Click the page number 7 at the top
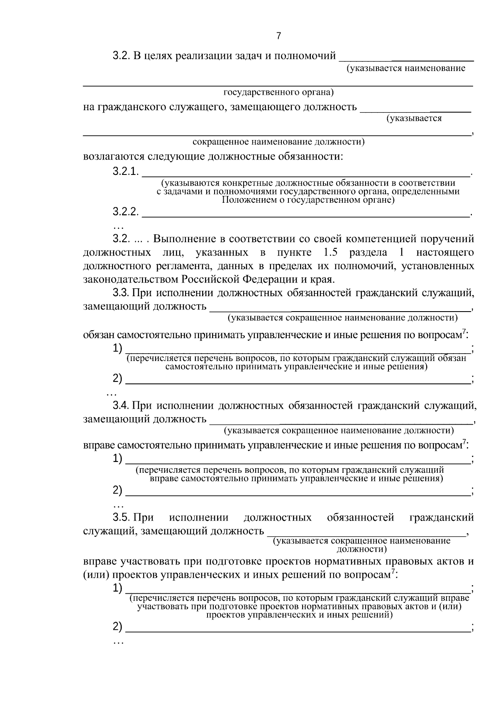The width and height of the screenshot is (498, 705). pyautogui.click(x=278, y=36)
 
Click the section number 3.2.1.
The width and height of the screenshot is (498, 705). pyautogui.click(x=125, y=172)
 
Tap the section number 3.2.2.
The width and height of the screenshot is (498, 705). pyautogui.click(x=125, y=212)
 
